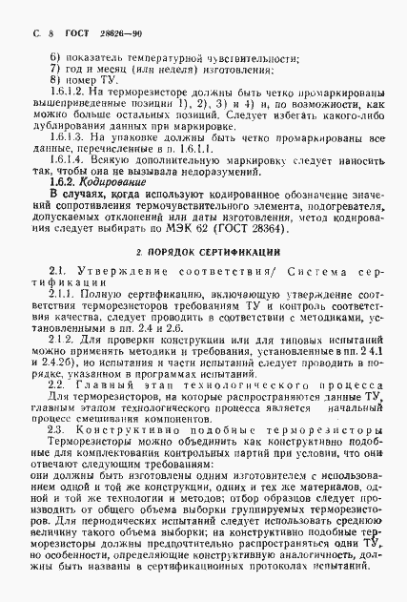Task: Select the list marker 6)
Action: pyautogui.click(x=54, y=56)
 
